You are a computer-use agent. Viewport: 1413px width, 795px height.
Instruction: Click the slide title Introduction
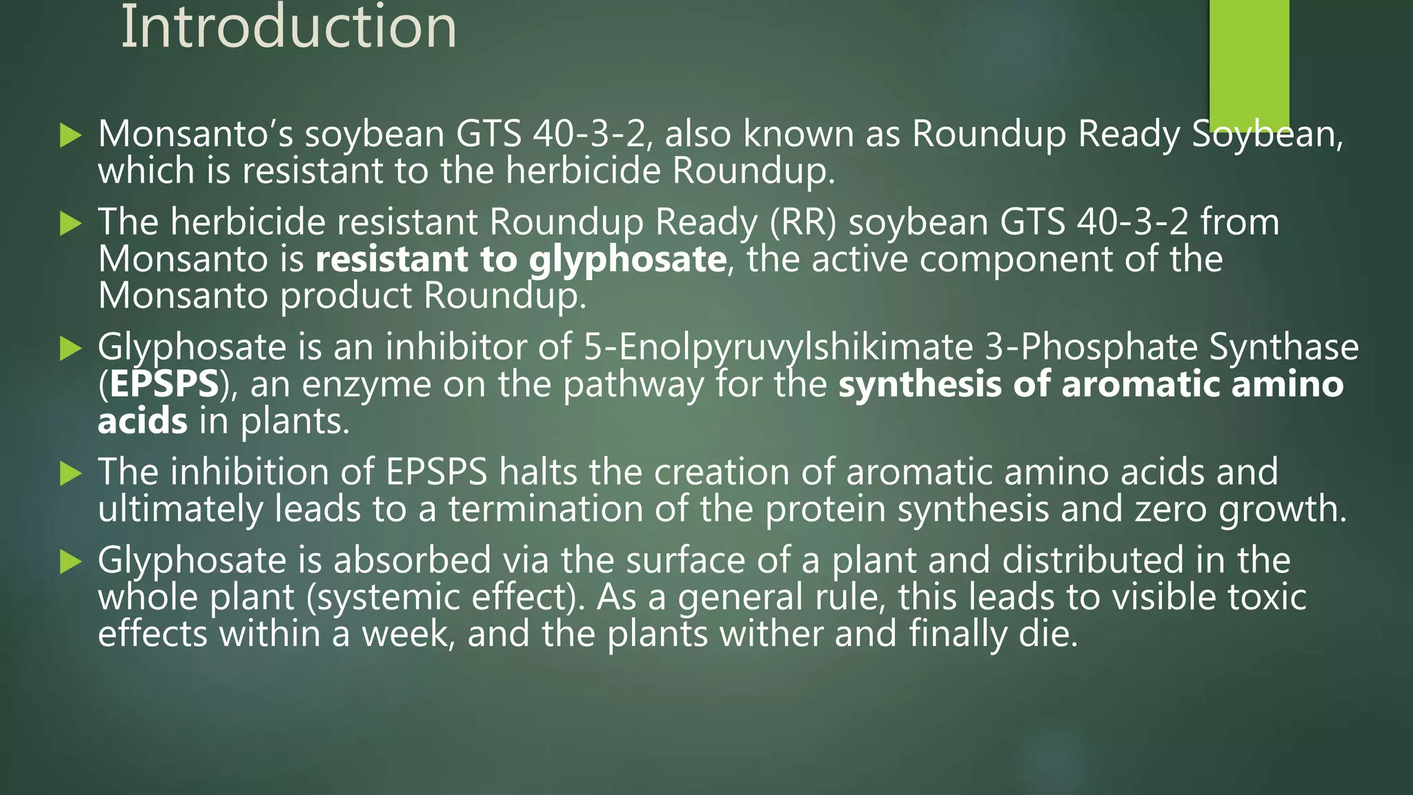coord(288,28)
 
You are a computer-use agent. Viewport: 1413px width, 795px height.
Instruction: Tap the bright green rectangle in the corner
coord(1249,62)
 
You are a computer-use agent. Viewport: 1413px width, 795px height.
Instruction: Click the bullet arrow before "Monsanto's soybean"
coord(70,135)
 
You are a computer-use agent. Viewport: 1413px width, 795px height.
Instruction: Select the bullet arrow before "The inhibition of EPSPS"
coord(70,473)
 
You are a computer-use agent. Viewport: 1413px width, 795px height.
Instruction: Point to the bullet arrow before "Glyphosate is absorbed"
coord(70,561)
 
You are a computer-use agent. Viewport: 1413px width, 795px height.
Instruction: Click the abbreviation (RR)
coord(803,222)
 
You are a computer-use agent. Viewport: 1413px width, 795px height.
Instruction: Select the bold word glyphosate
coord(627,260)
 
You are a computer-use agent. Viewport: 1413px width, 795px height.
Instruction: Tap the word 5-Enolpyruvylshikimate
coord(778,347)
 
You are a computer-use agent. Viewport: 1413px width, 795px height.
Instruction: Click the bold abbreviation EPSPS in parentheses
coord(164,384)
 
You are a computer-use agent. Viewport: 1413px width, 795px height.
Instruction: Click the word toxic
coord(1267,598)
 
